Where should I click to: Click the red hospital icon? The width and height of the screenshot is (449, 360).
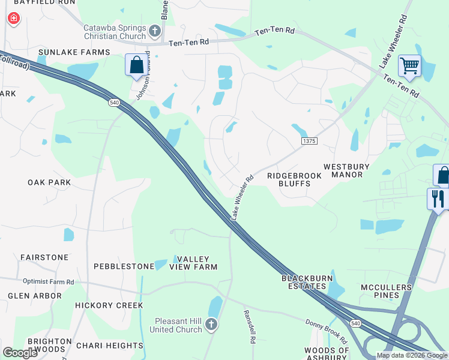click(13, 19)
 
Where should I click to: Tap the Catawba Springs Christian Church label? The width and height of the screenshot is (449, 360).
click(115, 32)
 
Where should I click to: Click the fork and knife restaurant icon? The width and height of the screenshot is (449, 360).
click(437, 199)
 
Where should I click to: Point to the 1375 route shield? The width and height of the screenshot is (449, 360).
click(309, 140)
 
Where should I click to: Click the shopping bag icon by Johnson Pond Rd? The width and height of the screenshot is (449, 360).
click(136, 65)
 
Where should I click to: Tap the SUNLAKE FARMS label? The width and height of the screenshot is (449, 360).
click(74, 52)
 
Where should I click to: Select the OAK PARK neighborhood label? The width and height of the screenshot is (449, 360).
click(49, 182)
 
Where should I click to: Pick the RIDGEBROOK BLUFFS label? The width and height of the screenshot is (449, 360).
click(294, 179)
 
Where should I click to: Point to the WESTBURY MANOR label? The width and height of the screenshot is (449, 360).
click(351, 170)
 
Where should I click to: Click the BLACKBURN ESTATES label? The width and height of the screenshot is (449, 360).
click(307, 283)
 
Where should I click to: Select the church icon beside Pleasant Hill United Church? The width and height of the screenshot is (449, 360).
click(211, 325)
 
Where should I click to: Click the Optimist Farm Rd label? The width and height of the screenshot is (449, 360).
click(49, 281)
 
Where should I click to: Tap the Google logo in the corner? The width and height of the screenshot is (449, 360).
click(20, 353)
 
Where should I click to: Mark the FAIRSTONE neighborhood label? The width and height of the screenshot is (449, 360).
click(44, 257)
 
